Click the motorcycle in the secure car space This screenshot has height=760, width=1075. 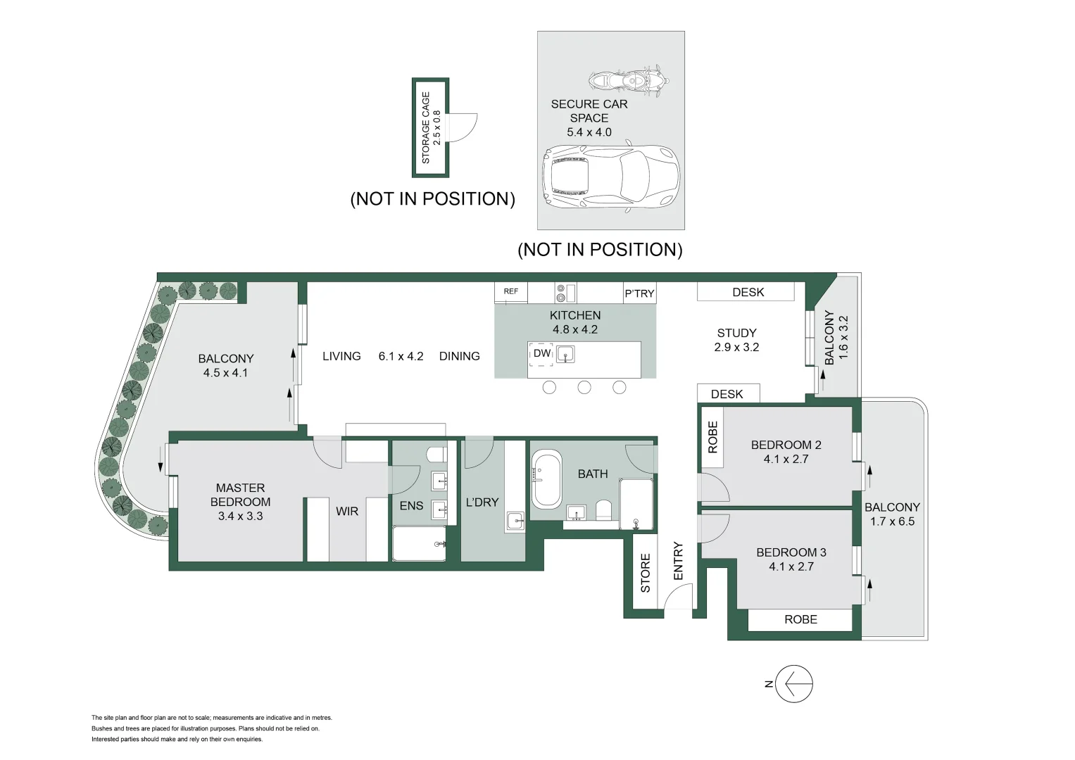click(x=628, y=80)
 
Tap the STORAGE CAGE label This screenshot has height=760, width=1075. click(x=426, y=127)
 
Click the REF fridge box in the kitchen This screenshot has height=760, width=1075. click(x=511, y=291)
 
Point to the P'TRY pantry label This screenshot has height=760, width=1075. click(x=639, y=293)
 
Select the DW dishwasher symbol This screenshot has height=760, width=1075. click(x=542, y=353)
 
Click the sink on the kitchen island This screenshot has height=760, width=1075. click(x=565, y=355)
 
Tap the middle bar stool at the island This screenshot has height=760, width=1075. click(x=584, y=387)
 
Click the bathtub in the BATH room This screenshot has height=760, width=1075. click(x=546, y=481)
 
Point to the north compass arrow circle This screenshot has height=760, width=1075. click(x=794, y=683)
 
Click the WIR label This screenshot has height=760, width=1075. click(x=347, y=512)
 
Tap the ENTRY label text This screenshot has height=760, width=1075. click(x=679, y=561)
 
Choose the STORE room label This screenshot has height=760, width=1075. click(x=646, y=572)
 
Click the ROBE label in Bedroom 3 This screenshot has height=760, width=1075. click(x=800, y=619)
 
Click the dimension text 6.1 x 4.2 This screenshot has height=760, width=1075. click(x=401, y=356)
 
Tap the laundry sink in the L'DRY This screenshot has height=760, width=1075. click(x=515, y=521)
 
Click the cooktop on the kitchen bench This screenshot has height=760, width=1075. click(x=565, y=291)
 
